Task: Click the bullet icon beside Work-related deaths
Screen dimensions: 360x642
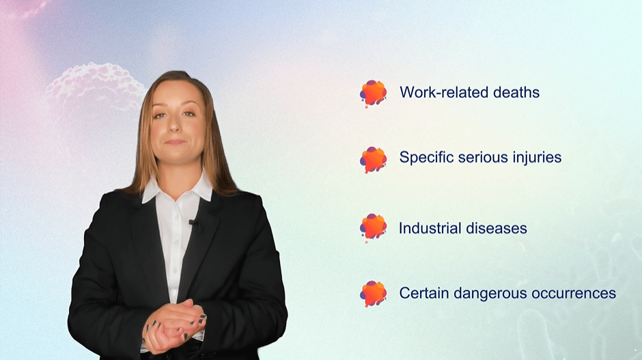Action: (x=373, y=93)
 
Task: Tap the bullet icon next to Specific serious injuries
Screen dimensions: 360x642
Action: (x=373, y=159)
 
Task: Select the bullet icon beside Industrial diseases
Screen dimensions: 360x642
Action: (x=373, y=227)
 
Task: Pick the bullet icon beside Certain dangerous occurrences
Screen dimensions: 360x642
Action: (x=373, y=293)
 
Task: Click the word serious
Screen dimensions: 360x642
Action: (x=482, y=158)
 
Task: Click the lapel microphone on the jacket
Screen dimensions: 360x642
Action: (x=193, y=222)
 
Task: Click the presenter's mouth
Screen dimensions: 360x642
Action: (x=176, y=142)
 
